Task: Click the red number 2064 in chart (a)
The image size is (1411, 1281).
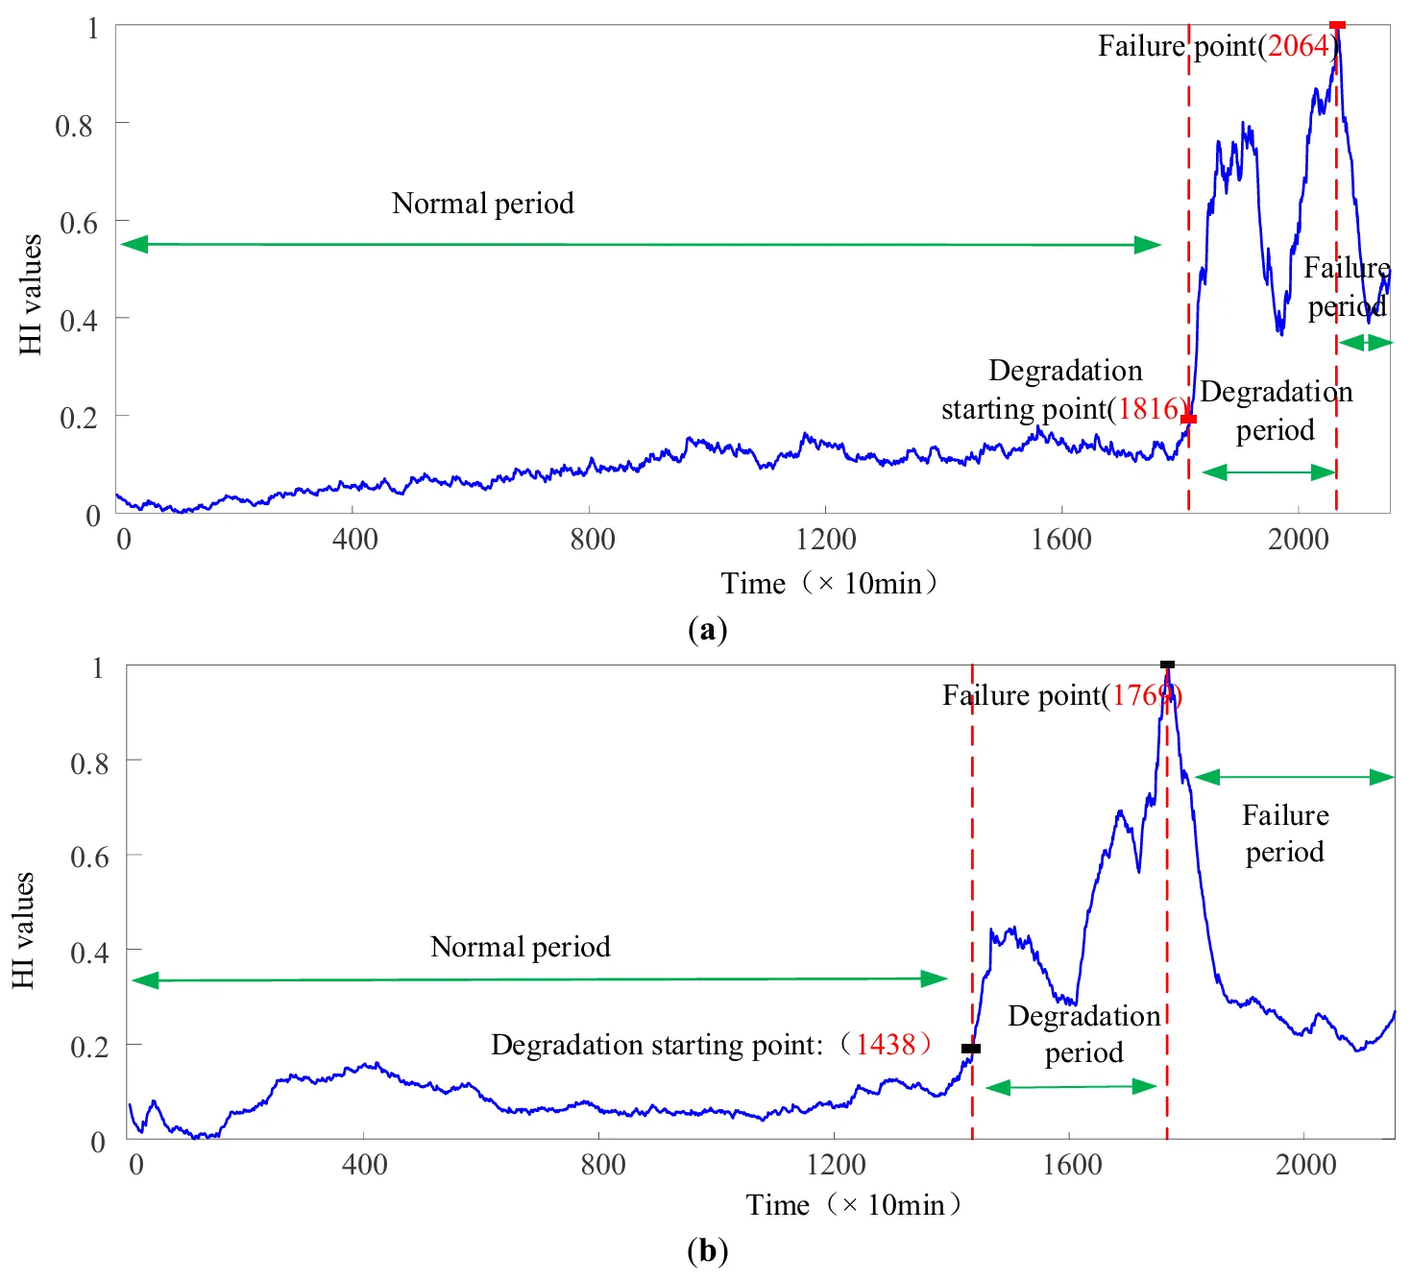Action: pos(1298,46)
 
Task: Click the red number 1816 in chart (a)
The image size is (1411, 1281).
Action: pos(1147,409)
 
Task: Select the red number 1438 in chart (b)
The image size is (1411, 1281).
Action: pos(886,1044)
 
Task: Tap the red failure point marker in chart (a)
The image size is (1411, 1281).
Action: pos(1336,25)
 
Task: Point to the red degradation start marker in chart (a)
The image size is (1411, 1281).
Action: pos(1188,419)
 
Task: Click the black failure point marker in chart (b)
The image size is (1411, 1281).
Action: pos(1167,665)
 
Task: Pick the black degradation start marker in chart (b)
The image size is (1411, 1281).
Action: pos(971,1049)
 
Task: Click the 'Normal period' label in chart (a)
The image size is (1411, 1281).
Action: pos(483,204)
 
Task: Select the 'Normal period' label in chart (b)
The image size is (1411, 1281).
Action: pos(520,947)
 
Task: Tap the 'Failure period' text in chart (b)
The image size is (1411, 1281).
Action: pos(1285,834)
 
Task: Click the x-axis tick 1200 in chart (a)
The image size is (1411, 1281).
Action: pos(825,539)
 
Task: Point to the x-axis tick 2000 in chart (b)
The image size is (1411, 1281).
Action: pos(1305,1165)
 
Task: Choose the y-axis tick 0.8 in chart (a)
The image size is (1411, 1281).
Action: pos(75,126)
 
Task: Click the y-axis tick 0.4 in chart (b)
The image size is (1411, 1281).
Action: pos(88,953)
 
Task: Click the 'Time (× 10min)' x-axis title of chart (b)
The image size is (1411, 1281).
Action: pos(854,1205)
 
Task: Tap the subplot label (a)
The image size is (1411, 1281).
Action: pos(708,630)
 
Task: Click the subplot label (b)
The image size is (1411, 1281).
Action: pos(708,1251)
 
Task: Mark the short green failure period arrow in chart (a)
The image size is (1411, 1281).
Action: pos(1365,343)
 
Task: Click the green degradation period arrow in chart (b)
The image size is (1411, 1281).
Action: pos(1071,1087)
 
